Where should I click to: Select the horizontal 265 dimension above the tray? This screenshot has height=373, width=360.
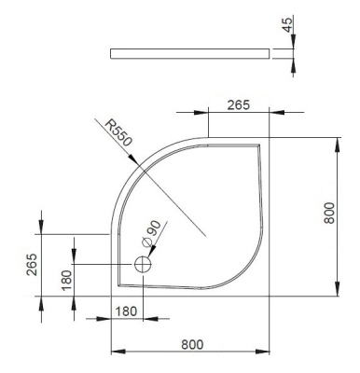[238, 105]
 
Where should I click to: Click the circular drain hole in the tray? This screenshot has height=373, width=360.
[142, 265]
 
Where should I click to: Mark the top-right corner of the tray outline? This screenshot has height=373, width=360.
[270, 137]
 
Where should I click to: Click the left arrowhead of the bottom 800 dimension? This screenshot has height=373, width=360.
[114, 352]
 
